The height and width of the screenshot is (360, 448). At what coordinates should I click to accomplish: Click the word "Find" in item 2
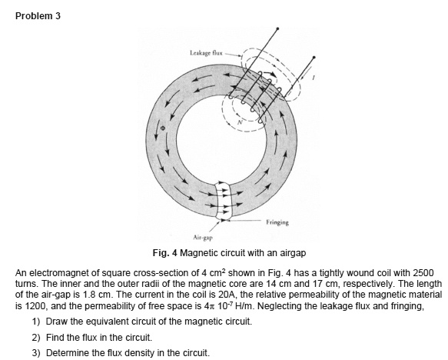point(56,336)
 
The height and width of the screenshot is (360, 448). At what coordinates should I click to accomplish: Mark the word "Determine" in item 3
point(66,352)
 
